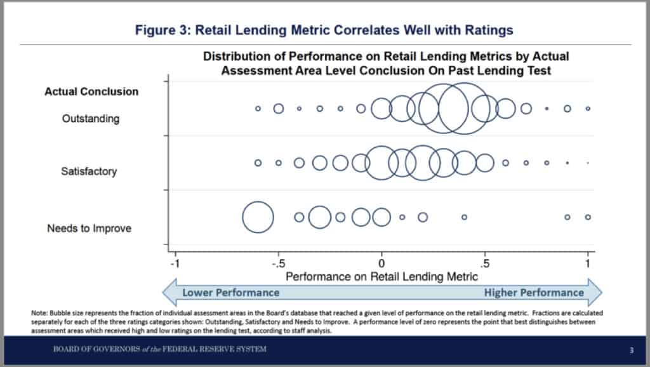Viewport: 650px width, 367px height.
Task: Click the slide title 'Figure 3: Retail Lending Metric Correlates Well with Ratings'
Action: [x=324, y=30]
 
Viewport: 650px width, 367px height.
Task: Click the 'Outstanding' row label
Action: [x=91, y=119]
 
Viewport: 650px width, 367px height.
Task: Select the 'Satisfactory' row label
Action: [x=89, y=171]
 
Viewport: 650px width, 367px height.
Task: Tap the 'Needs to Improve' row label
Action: [x=89, y=228]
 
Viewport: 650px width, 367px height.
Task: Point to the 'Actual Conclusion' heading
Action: [x=91, y=91]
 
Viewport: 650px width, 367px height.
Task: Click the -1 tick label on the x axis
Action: [x=175, y=264]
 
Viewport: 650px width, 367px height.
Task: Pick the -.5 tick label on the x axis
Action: [x=278, y=264]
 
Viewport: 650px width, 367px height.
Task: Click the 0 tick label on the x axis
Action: [x=381, y=264]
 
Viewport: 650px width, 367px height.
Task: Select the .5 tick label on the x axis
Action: [x=484, y=264]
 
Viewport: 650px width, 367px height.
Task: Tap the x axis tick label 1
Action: [x=587, y=264]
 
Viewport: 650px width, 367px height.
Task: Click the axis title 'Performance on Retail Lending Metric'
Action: [x=381, y=277]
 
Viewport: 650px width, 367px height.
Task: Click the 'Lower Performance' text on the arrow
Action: [x=231, y=292]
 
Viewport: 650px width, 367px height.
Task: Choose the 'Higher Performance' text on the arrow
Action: [x=534, y=292]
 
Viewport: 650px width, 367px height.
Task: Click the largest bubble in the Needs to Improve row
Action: [x=243, y=217]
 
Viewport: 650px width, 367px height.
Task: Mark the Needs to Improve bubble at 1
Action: [x=585, y=217]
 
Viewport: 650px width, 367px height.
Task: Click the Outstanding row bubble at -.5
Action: [x=274, y=109]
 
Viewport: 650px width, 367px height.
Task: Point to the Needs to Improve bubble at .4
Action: [x=462, y=217]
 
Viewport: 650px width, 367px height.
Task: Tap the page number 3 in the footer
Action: [x=632, y=350]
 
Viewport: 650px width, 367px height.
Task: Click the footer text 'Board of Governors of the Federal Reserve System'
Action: [x=159, y=349]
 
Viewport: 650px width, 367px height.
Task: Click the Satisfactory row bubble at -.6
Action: [x=255, y=163]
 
